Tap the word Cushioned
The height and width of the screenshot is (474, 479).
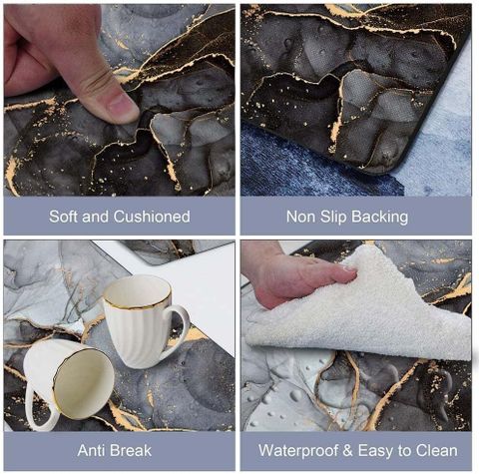tap(152, 217)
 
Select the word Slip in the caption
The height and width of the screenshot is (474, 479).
tap(332, 217)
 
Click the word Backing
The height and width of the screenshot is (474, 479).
tap(379, 218)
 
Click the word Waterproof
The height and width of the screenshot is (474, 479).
tap(298, 451)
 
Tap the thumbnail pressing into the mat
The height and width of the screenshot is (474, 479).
tap(122, 107)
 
